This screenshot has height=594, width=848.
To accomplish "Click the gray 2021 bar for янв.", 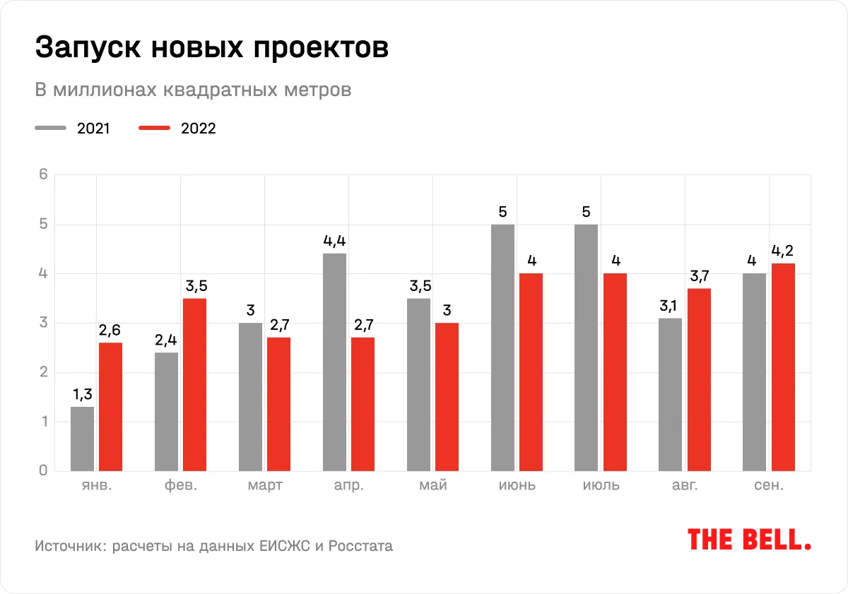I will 82,439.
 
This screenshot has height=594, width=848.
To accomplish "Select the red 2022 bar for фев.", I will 194,385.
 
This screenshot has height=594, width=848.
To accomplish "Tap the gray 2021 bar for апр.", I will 334,362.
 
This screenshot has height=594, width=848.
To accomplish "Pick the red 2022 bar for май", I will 447,397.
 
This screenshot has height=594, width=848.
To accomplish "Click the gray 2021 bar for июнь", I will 502,348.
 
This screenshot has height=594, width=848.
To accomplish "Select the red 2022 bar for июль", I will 615,372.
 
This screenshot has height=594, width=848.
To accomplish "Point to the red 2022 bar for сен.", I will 783,367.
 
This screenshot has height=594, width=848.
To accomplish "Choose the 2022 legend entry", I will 177,129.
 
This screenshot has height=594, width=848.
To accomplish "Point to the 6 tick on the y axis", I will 42,175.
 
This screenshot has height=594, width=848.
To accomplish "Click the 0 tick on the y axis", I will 42,471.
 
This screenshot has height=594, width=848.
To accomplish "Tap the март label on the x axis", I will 265,486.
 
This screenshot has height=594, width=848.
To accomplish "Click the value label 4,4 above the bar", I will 334,241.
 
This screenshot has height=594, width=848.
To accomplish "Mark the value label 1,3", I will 82,394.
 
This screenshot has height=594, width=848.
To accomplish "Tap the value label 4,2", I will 783,251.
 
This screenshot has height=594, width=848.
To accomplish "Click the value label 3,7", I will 699,275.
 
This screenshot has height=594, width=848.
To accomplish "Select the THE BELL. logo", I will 749,540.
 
